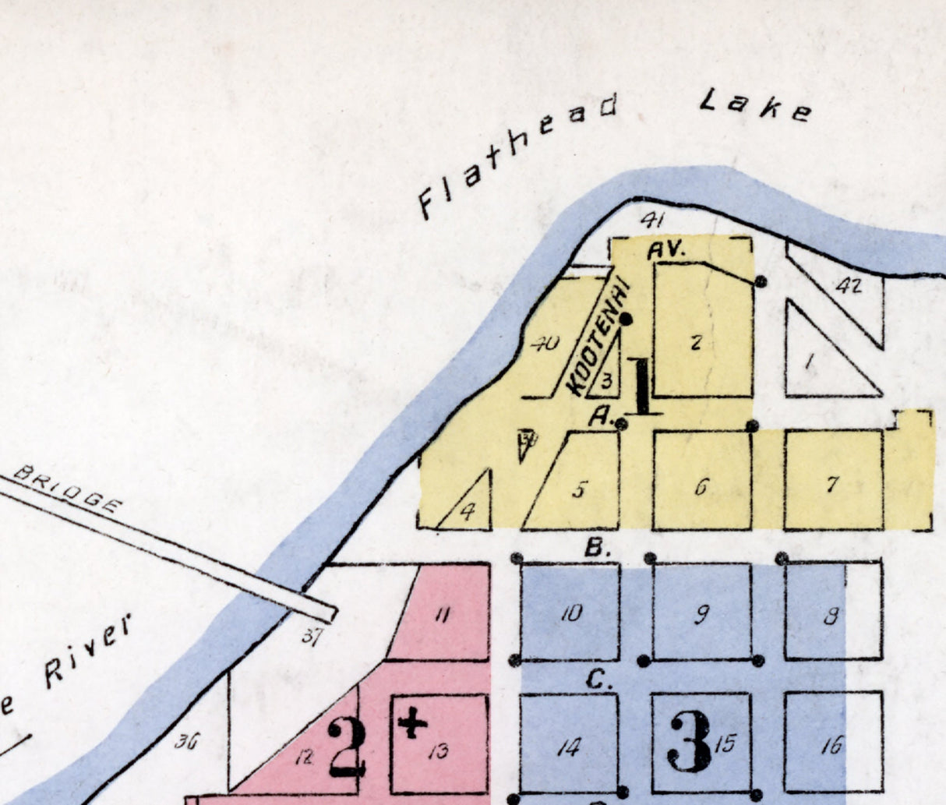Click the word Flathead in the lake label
coord(517,155)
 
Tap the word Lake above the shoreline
coord(755,104)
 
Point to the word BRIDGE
coord(69,489)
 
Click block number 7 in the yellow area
coord(832,484)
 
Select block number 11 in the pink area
coord(442,616)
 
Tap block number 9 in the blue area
coord(701,615)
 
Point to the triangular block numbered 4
coord(468,512)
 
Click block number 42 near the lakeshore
coord(849,287)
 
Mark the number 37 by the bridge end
coord(312,638)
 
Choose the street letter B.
coord(596,548)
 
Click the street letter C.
coord(596,680)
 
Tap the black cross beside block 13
coord(412,724)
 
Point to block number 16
coord(832,746)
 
